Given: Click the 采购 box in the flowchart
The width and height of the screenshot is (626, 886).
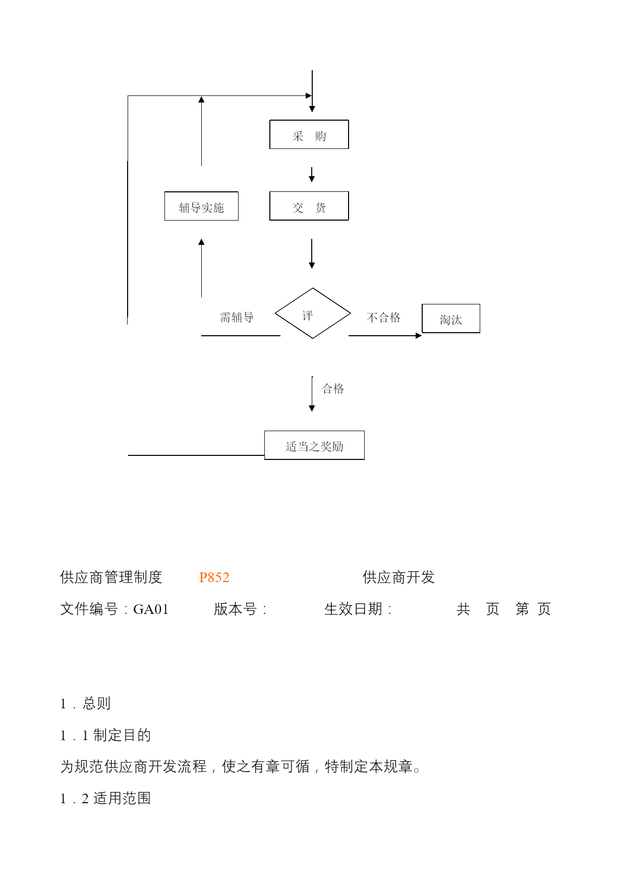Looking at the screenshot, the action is [309, 134].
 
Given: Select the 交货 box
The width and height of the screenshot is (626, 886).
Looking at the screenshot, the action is [309, 206].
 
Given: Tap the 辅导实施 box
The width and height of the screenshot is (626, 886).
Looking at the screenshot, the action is [201, 206].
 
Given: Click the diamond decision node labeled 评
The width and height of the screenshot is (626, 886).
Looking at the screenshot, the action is [313, 313].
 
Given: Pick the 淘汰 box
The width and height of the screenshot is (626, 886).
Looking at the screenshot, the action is [451, 319].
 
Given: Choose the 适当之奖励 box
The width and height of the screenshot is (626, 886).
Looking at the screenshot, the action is [314, 445].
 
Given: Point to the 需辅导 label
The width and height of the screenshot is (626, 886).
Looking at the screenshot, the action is [237, 318].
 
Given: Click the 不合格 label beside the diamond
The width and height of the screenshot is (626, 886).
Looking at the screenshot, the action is [383, 318].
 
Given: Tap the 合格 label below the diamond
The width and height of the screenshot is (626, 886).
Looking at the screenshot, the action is [333, 389].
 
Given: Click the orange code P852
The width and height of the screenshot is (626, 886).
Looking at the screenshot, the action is [214, 578].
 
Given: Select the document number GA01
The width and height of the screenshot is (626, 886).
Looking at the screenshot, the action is [151, 609].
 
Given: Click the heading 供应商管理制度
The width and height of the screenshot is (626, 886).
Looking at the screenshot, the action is [111, 577].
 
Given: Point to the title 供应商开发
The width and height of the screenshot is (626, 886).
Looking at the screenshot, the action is [399, 577].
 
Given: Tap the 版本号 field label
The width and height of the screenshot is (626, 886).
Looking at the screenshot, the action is [236, 609].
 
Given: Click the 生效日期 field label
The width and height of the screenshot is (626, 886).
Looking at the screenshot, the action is [353, 609].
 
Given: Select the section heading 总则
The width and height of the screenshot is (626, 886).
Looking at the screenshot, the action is [96, 703].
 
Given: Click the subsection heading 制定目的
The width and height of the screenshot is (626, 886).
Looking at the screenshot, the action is [122, 735].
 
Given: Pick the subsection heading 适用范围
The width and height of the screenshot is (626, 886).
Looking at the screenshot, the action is [122, 798].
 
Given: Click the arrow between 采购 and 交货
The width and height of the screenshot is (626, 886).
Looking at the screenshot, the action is [312, 175].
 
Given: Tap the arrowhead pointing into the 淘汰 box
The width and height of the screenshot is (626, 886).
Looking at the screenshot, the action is [419, 336].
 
